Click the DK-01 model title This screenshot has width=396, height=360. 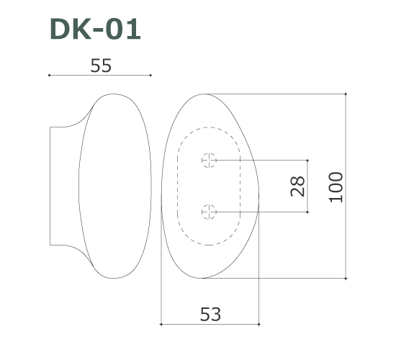[95, 29]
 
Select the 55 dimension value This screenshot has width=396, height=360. [101, 66]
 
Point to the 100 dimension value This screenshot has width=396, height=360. [336, 186]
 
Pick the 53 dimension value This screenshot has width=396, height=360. [210, 314]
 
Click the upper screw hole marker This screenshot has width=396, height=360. [209, 160]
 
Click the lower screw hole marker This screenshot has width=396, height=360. [209, 212]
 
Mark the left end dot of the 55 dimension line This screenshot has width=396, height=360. [49, 75]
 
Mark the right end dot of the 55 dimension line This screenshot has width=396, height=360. [150, 75]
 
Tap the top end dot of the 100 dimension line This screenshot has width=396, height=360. [347, 94]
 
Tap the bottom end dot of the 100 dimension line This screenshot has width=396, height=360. [347, 278]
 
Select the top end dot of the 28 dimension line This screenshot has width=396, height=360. [308, 160]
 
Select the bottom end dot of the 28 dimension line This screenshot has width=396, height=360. [308, 212]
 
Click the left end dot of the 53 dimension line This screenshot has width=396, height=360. [161, 324]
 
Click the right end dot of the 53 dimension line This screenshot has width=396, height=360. [258, 324]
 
